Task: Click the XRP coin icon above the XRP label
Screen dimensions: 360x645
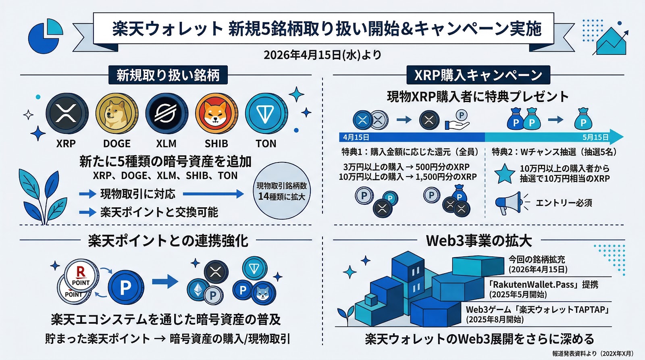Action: [67, 114]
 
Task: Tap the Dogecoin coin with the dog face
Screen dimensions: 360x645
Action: [117, 114]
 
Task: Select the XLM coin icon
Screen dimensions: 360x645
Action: [166, 114]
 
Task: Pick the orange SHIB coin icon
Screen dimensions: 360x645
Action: [216, 114]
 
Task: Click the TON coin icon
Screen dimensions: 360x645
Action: [266, 114]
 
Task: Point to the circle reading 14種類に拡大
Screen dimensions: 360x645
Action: [282, 191]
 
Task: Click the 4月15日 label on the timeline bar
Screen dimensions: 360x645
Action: [356, 137]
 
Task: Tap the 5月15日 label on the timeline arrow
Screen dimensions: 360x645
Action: [595, 137]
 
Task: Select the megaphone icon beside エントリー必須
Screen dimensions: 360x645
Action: [509, 203]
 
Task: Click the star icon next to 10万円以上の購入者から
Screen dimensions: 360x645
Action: [504, 174]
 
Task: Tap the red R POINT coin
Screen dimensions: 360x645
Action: [81, 276]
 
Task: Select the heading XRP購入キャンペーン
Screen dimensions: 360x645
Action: [478, 75]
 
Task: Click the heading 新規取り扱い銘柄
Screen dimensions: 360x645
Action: [168, 75]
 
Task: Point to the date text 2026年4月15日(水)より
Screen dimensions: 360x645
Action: [322, 55]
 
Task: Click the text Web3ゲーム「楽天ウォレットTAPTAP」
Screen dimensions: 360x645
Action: [537, 310]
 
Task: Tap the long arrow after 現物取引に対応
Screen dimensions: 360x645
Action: [213, 194]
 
